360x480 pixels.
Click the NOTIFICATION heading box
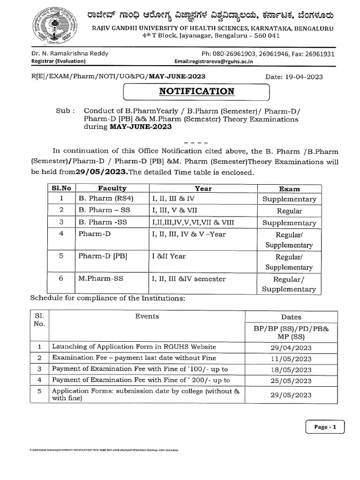click(196, 91)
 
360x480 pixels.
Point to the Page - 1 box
click(324, 427)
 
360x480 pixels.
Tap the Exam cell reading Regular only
click(289, 211)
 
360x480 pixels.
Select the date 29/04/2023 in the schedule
click(291, 347)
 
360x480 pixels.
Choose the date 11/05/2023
click(291, 359)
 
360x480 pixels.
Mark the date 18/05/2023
click(291, 370)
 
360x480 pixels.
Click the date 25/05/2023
click(291, 381)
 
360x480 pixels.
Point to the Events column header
click(147, 316)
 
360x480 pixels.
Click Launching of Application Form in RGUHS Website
click(134, 347)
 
